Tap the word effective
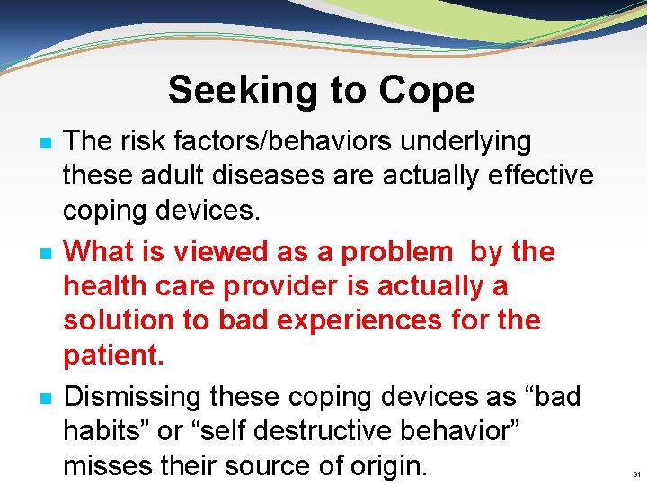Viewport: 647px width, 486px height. (539, 175)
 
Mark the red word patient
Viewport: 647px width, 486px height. (113, 355)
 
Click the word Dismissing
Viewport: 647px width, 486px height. (133, 398)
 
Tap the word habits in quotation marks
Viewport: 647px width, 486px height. (106, 432)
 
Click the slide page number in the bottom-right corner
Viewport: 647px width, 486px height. (635, 474)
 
